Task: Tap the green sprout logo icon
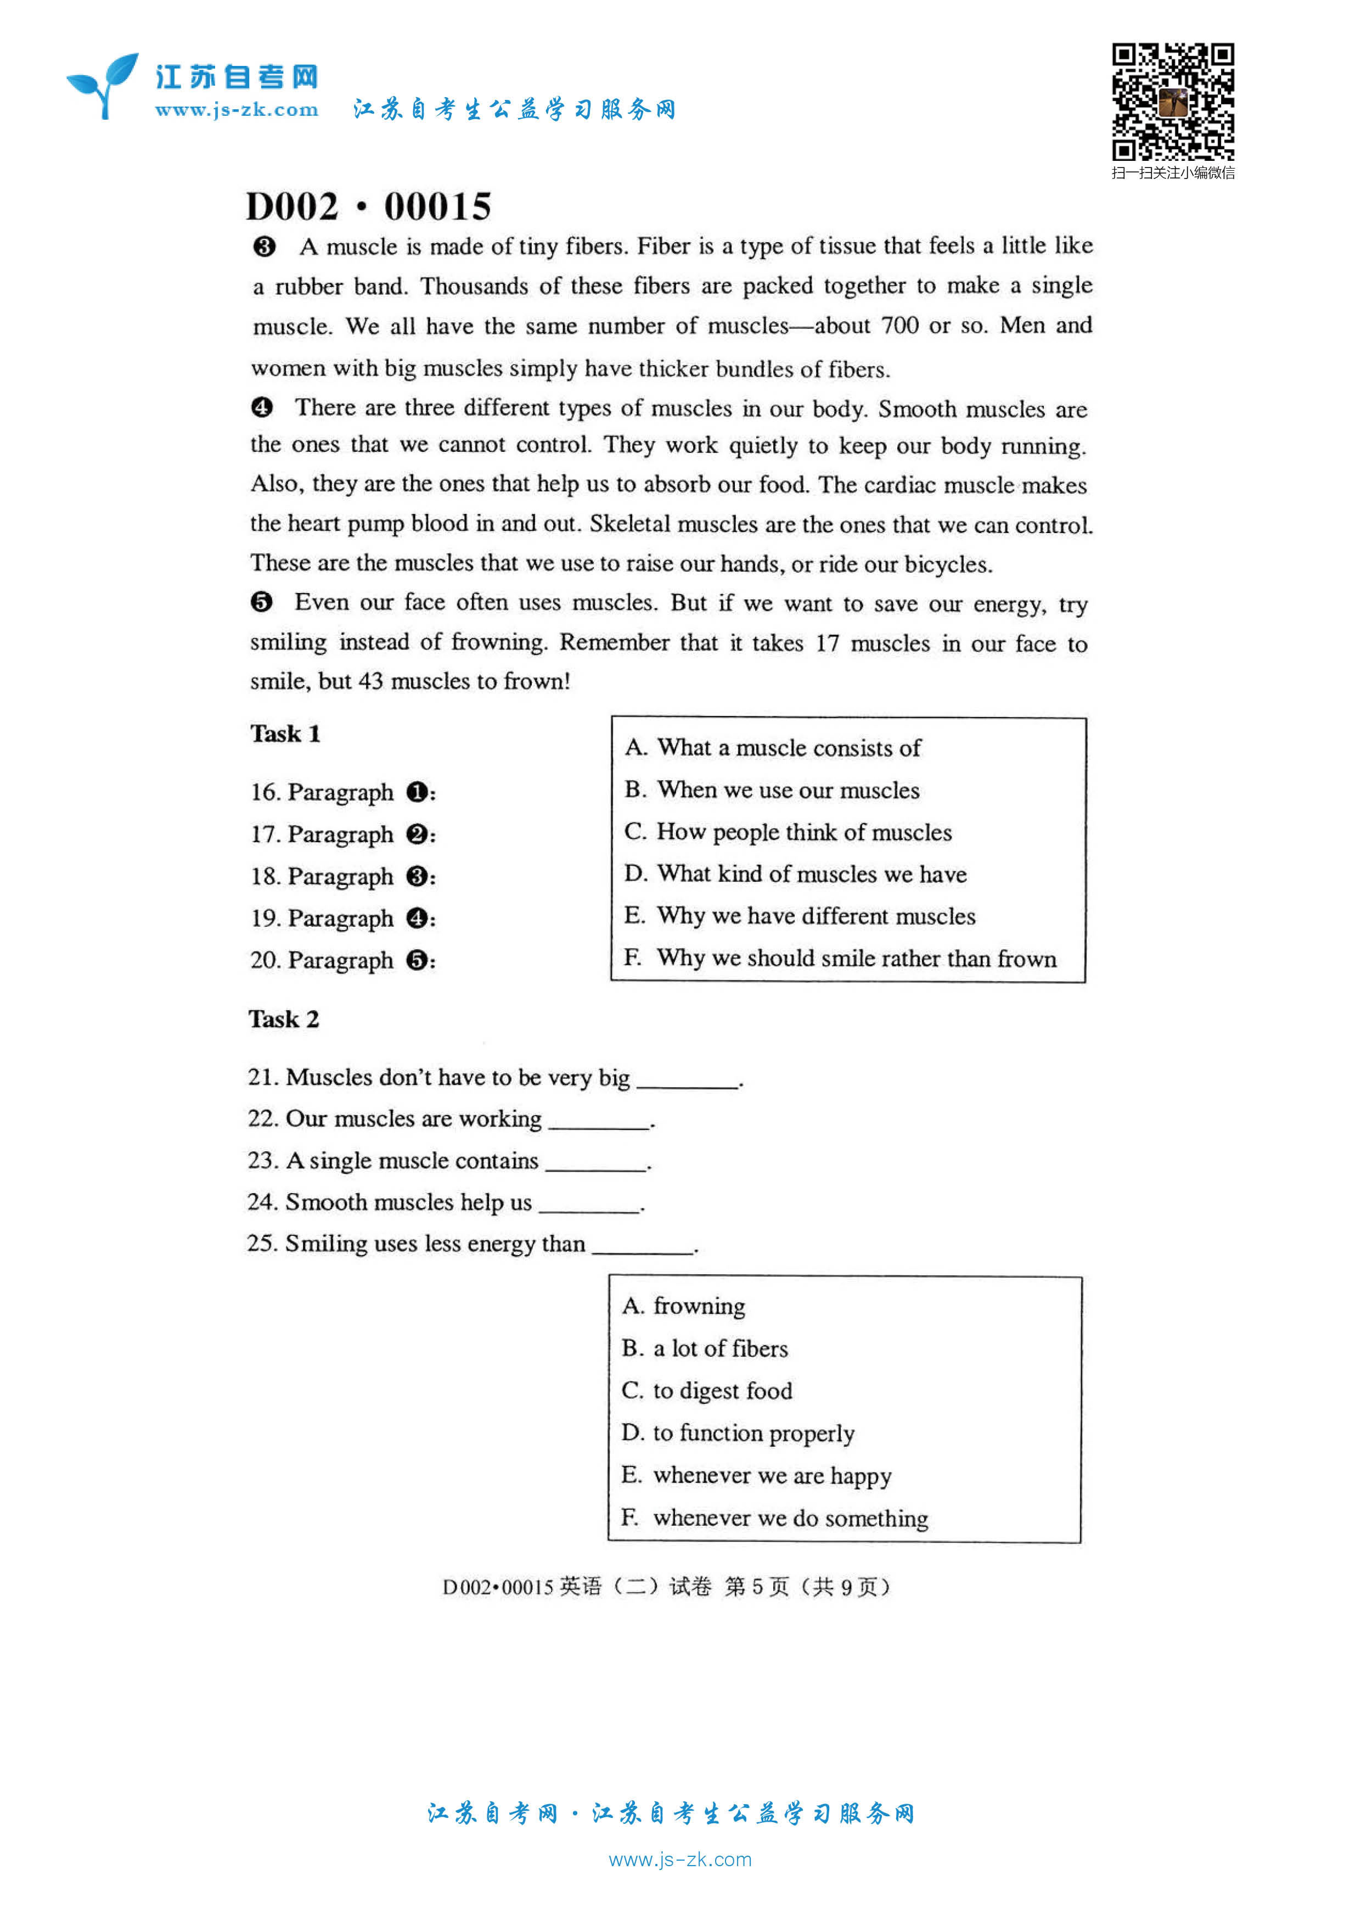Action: click(102, 85)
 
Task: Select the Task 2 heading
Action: click(283, 1019)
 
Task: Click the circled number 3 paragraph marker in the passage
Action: click(264, 247)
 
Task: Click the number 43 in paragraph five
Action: click(370, 681)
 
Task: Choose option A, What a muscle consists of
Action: click(772, 747)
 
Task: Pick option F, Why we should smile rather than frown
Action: click(840, 958)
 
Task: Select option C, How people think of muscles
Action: click(788, 832)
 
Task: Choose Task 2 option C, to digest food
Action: click(707, 1391)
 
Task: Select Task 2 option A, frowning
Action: click(683, 1306)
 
